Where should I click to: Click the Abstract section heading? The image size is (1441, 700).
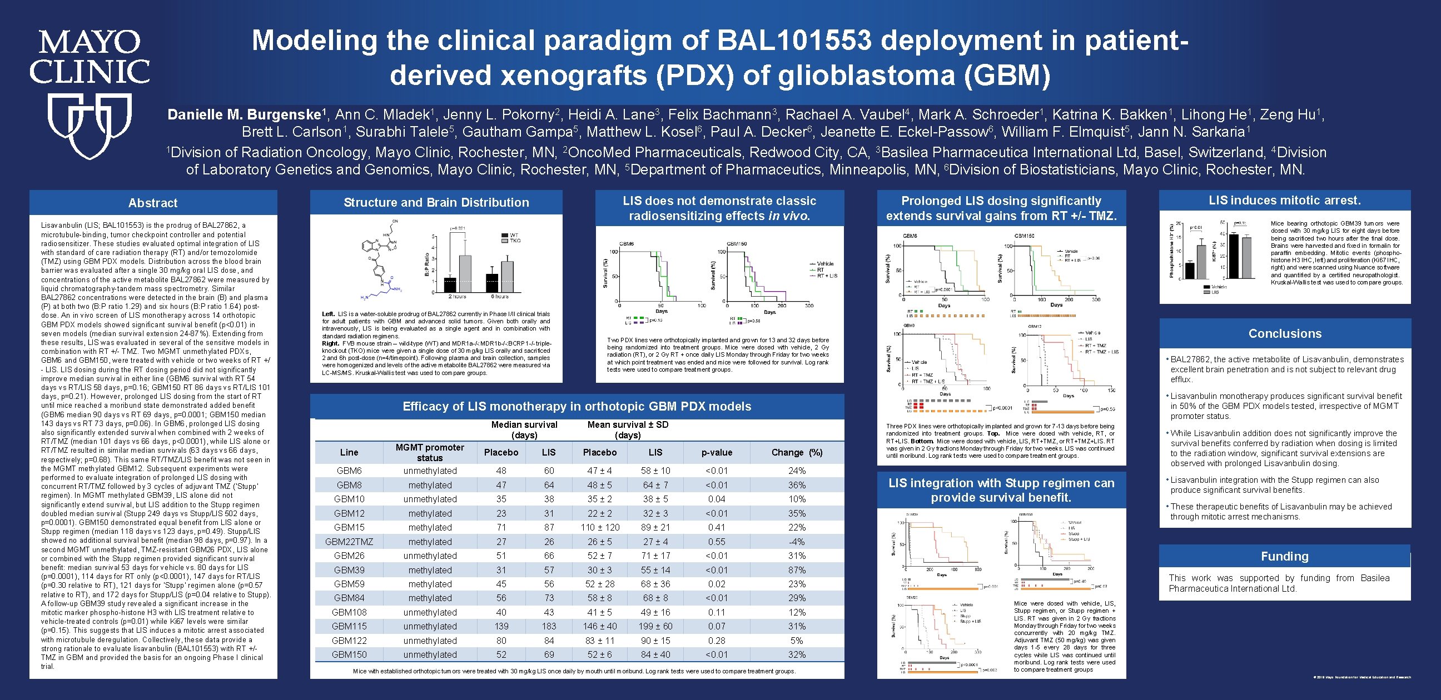[153, 203]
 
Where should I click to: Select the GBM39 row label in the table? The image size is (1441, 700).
[349, 570]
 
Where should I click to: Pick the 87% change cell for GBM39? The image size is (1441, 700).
[797, 570]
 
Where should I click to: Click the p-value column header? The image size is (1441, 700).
[717, 452]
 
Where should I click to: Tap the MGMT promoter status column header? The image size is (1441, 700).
[430, 452]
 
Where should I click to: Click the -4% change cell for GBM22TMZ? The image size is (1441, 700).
[797, 541]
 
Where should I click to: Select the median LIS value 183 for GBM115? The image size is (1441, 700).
[549, 626]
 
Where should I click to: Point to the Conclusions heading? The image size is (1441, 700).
[1285, 333]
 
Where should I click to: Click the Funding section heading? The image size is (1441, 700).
[1284, 556]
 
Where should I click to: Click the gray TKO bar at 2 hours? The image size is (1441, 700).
[465, 274]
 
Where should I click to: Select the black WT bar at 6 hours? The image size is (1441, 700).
[491, 283]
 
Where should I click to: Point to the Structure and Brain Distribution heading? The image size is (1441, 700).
[436, 202]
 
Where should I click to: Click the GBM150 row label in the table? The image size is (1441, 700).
[349, 654]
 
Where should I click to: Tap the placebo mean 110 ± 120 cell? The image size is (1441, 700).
[600, 527]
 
